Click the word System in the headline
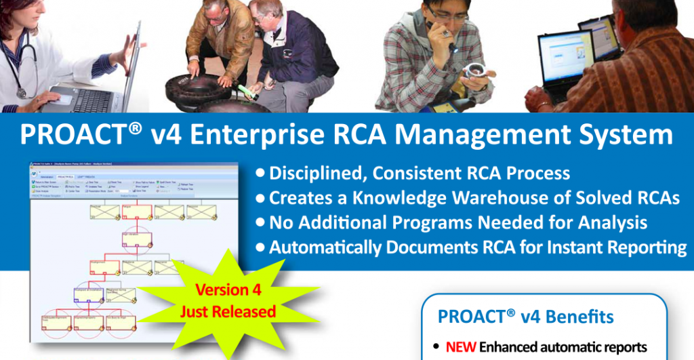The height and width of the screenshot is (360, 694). [x=623, y=134]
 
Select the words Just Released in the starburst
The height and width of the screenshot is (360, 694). [x=228, y=312]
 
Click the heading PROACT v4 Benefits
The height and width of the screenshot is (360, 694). [x=526, y=317]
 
